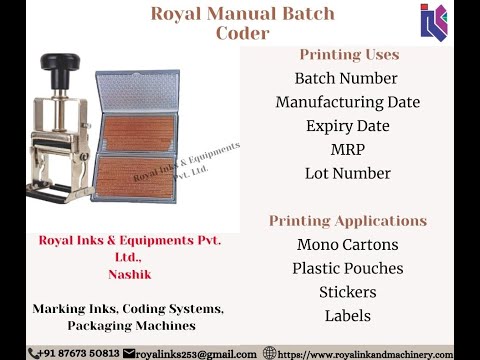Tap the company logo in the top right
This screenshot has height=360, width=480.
tap(434, 21)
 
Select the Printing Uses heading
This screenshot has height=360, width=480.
tap(348, 54)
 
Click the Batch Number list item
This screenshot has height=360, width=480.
tap(347, 78)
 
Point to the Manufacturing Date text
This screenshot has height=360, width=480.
tap(347, 102)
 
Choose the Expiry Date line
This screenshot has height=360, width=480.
tap(347, 126)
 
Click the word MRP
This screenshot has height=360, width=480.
tap(347, 150)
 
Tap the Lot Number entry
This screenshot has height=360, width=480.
tap(347, 173)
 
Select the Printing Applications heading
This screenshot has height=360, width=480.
tap(347, 220)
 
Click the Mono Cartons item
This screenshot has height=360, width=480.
tap(347, 245)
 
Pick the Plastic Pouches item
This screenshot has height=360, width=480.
tap(347, 268)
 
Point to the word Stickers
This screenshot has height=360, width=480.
tap(347, 292)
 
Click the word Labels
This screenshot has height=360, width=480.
tap(347, 316)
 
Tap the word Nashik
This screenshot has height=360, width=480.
tap(129, 272)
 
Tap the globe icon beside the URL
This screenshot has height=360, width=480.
tap(270, 353)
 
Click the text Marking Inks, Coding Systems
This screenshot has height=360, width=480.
tap(129, 310)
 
